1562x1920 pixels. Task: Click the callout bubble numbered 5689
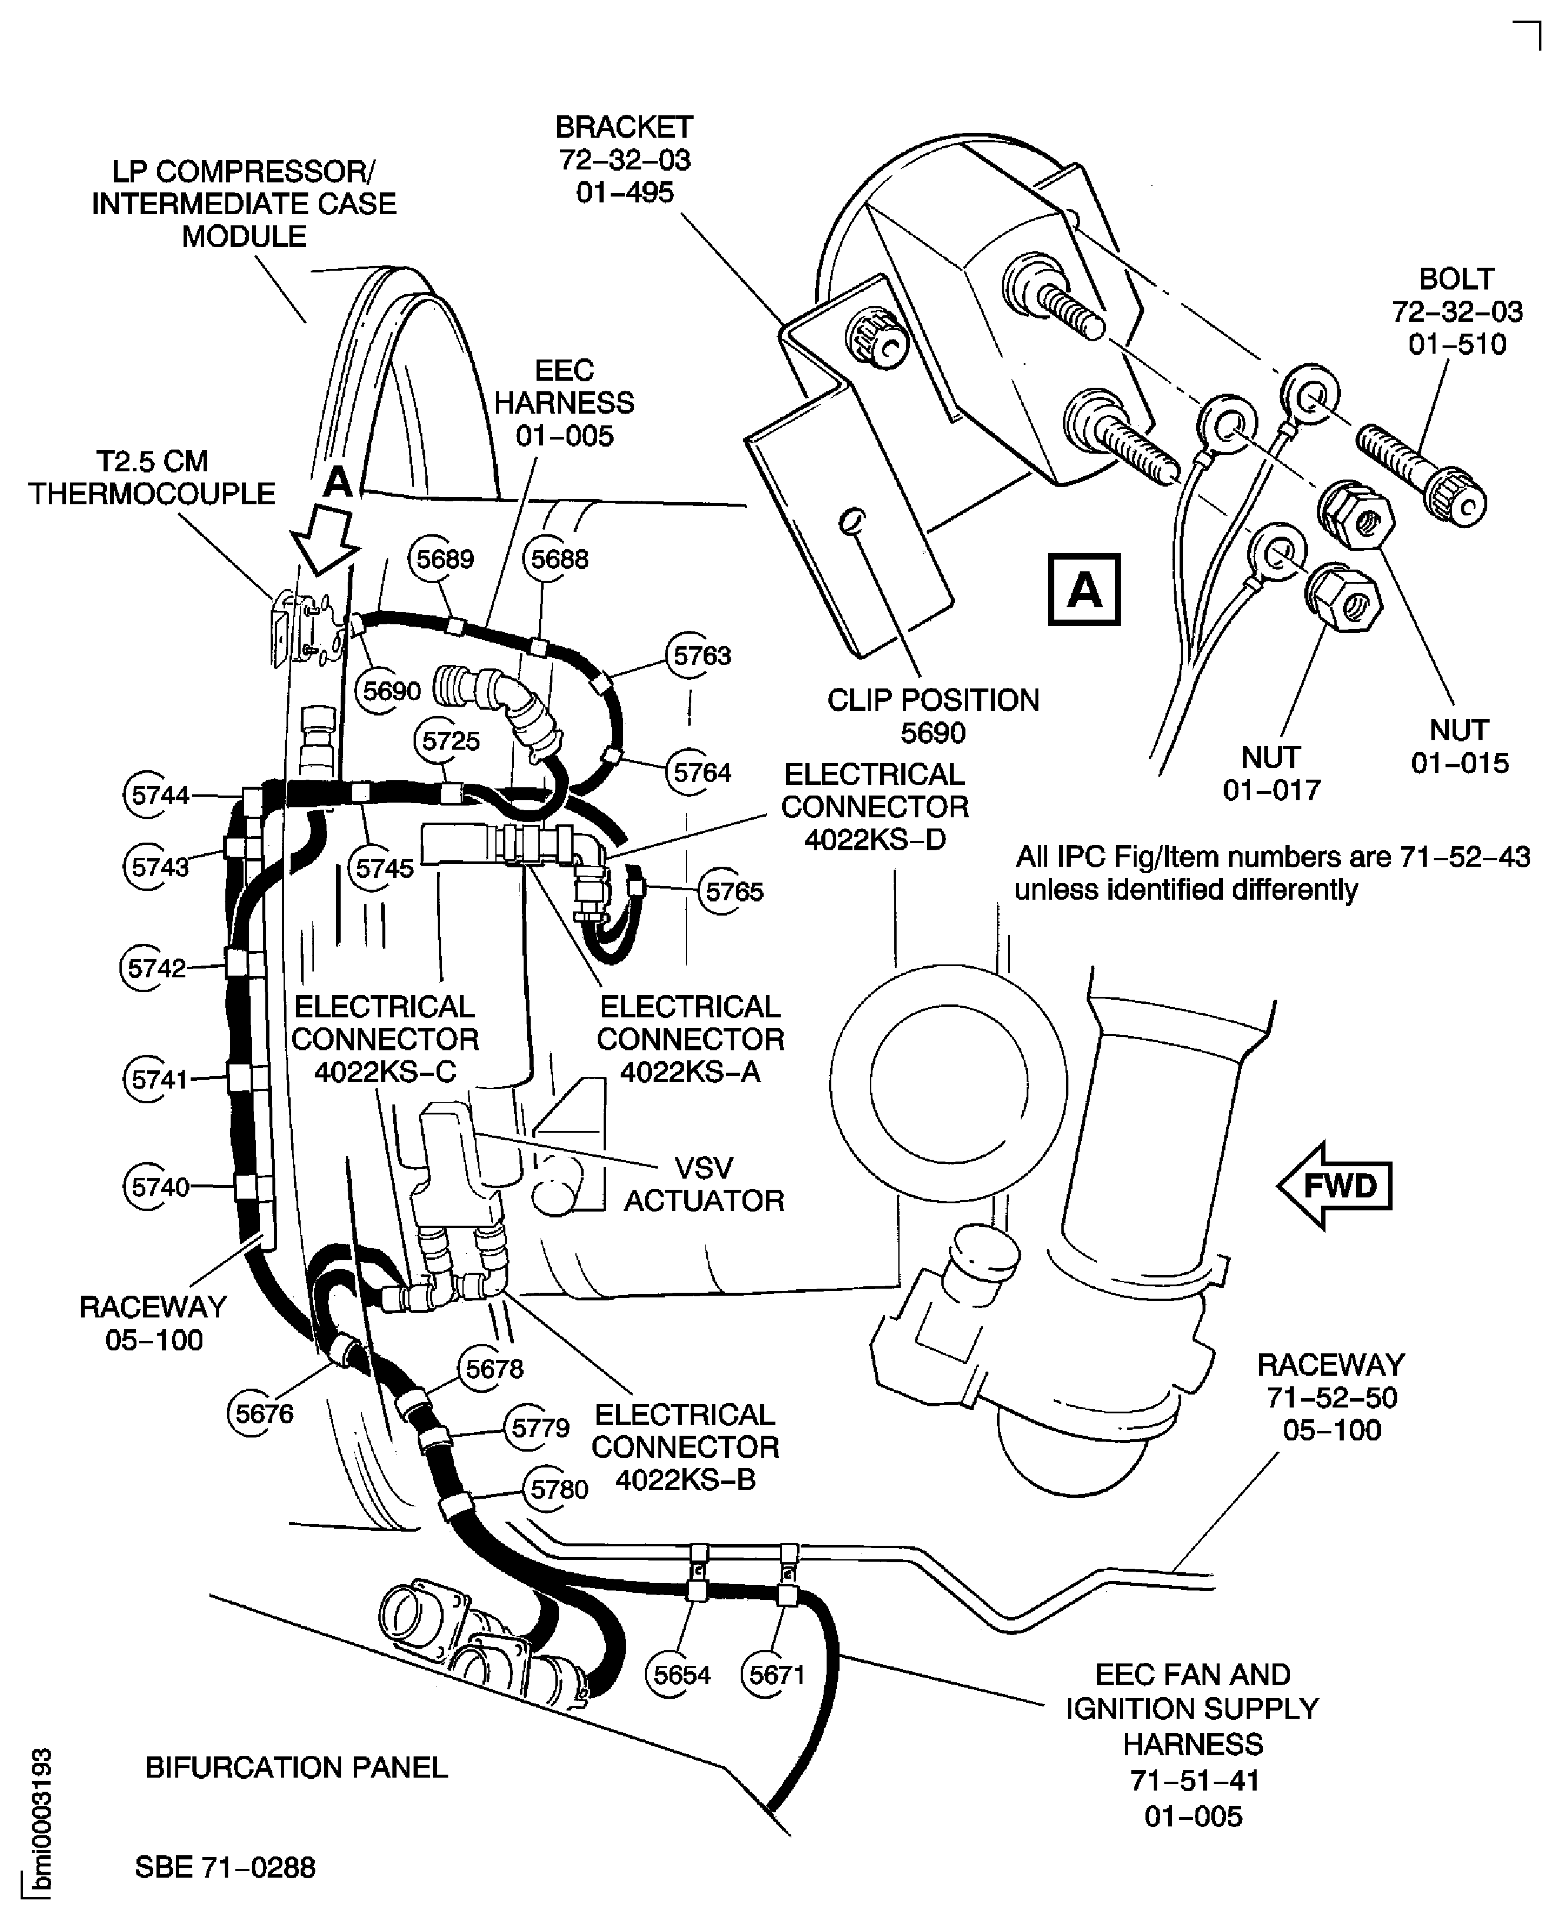coord(445,559)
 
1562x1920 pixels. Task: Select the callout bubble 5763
coord(702,656)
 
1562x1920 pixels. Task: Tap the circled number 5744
coord(159,794)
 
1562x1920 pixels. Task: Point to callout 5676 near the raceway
coord(264,1413)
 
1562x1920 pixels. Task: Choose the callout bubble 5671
coord(775,1675)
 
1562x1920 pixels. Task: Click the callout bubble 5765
coord(733,891)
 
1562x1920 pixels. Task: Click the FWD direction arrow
coord(1334,1185)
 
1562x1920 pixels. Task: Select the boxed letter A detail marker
coord(1084,590)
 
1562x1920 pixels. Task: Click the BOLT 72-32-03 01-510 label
coord(1457,311)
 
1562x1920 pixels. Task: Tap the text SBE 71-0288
coord(225,1867)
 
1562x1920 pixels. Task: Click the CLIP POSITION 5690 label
coord(933,716)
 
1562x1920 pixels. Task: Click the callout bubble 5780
coord(559,1489)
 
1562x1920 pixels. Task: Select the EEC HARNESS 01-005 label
coord(564,403)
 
